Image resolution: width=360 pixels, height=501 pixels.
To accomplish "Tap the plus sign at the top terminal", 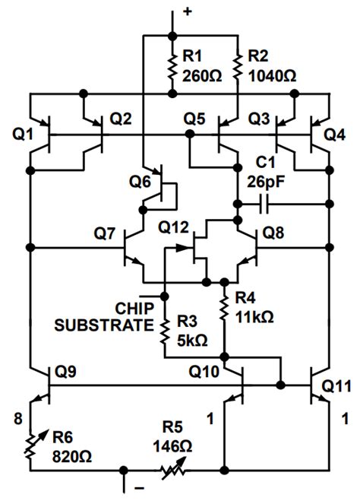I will [x=187, y=12].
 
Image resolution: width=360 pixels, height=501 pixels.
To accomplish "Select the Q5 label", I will [x=196, y=119].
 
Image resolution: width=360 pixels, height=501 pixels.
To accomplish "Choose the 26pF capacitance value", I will [x=264, y=181].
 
